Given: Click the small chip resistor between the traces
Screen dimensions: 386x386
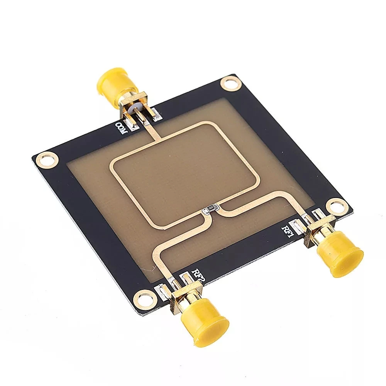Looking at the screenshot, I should pyautogui.click(x=210, y=210).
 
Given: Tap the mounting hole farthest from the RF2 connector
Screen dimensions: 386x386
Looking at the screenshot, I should pyautogui.click(x=230, y=83).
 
